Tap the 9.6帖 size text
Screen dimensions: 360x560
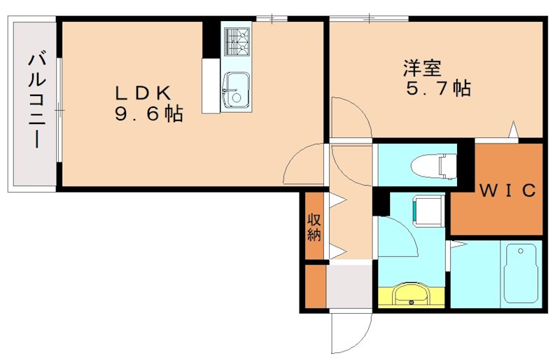[148, 113]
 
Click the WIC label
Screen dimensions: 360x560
[507, 190]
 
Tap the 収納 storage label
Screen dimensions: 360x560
[314, 226]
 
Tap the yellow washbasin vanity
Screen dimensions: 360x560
[411, 293]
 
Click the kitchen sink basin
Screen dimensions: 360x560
[236, 90]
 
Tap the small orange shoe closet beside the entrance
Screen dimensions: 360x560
[315, 286]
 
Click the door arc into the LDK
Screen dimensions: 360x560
[306, 165]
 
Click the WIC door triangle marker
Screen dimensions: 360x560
[514, 130]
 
